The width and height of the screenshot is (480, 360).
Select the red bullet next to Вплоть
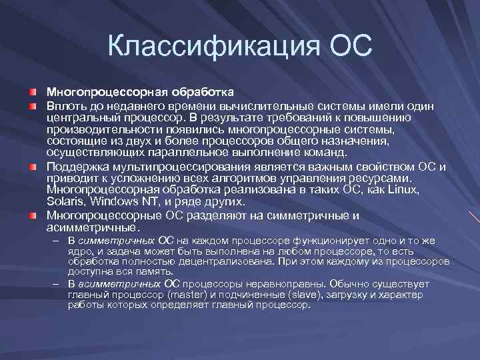32,107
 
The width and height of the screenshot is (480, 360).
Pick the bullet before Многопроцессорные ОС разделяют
32,215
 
